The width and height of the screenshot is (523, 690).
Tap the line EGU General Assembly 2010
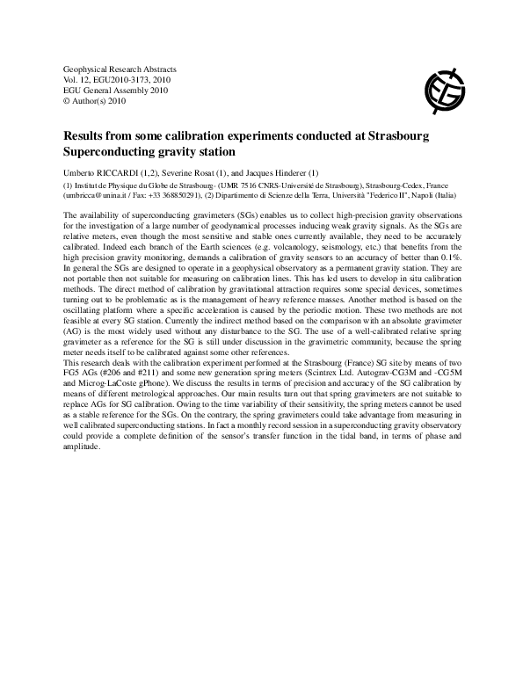[110, 91]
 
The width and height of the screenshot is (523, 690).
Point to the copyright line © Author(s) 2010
[94, 101]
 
